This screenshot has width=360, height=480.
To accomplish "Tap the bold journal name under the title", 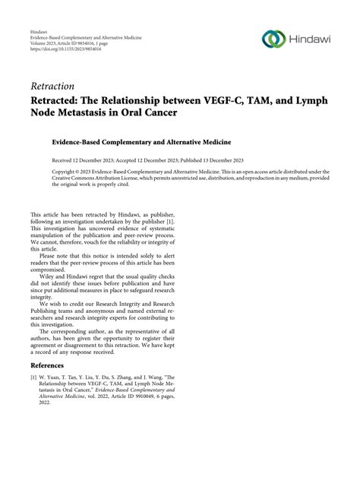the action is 141,141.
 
